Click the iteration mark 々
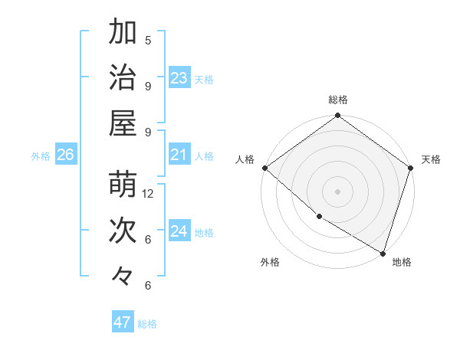tap(123, 274)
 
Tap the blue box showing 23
tap(179, 78)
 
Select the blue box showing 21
tap(179, 155)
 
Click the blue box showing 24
tap(179, 231)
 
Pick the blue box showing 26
tap(65, 155)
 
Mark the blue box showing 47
tap(123, 322)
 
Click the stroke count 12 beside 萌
tap(149, 194)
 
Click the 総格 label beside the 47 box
tap(147, 324)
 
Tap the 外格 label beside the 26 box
tap(41, 156)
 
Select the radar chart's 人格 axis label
tap(245, 159)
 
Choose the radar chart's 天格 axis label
tap(431, 159)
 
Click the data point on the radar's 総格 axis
tap(337, 116)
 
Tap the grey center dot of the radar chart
tap(337, 191)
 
